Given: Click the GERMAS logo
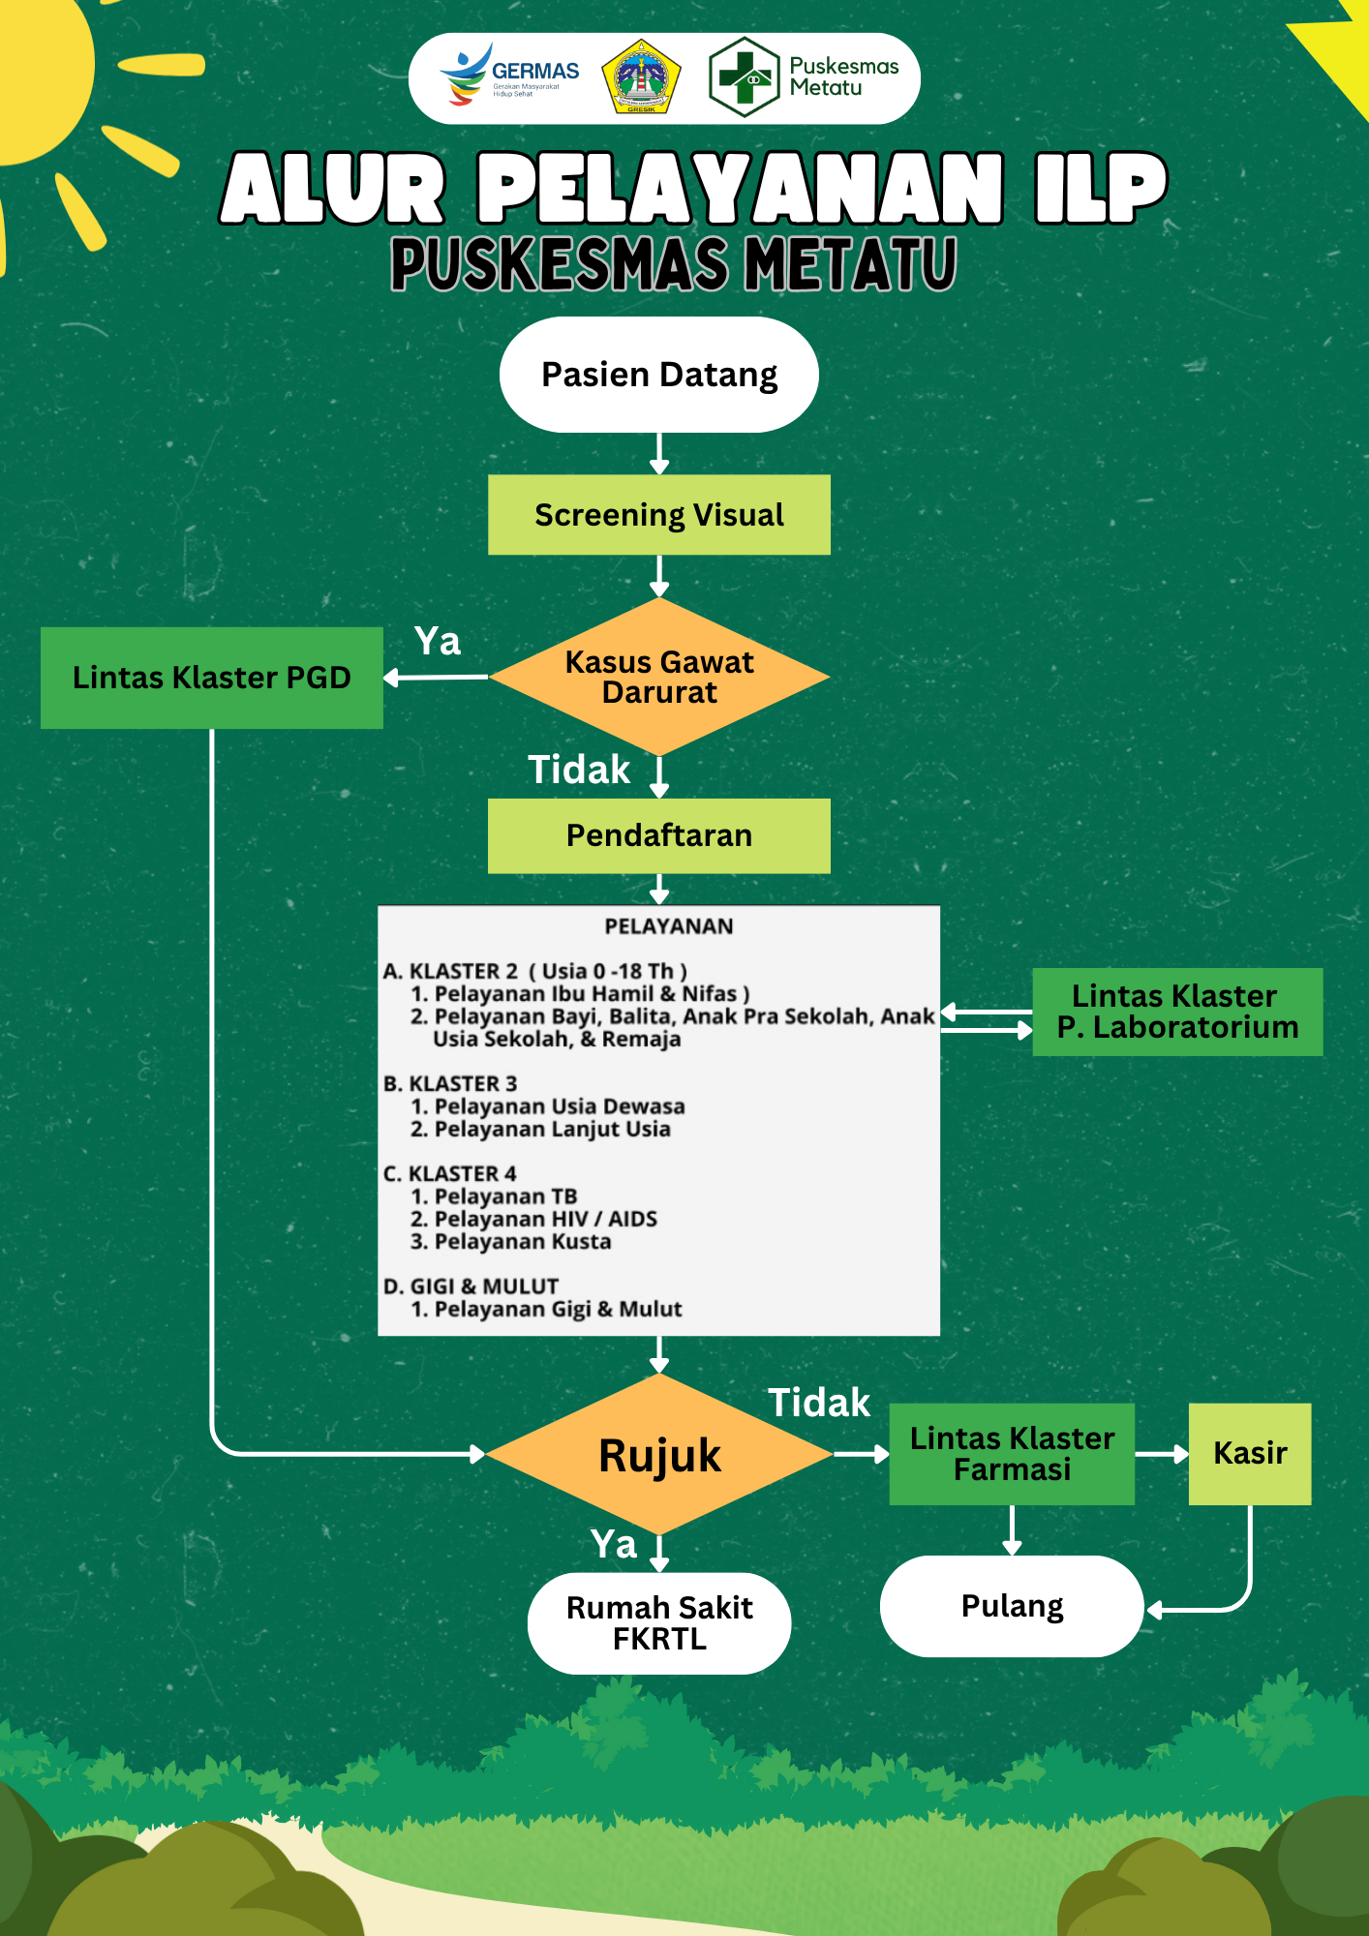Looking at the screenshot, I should (x=509, y=76).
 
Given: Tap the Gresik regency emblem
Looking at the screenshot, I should (x=641, y=76).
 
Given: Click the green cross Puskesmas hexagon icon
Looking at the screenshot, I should (x=744, y=77).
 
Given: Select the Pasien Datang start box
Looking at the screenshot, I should (x=659, y=375).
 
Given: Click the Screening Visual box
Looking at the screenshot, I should (x=659, y=515).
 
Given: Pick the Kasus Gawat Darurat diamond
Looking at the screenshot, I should (x=659, y=677).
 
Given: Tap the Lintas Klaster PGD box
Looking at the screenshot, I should (x=212, y=678).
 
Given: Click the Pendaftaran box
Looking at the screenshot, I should (x=659, y=835).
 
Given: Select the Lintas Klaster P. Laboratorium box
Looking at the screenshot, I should (x=1177, y=1012).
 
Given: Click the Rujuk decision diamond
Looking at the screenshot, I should (x=659, y=1455).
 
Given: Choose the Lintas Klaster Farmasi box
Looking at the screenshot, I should (x=1012, y=1454).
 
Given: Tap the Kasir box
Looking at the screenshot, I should (x=1250, y=1454).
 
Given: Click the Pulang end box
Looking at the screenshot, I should (x=1012, y=1606).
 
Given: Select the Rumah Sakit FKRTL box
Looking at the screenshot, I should (x=659, y=1623).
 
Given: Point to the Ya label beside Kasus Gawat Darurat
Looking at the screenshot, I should (x=438, y=642).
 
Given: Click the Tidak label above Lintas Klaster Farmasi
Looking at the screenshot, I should (x=819, y=1403).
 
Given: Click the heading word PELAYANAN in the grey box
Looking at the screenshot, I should (x=669, y=926).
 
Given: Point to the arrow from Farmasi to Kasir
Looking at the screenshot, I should (x=1162, y=1454).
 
